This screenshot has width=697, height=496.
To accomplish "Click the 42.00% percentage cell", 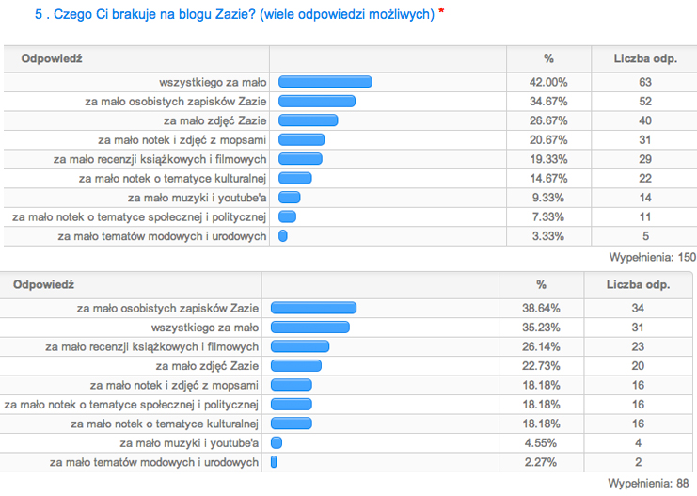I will tap(548, 82).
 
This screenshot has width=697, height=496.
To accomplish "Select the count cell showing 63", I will tap(645, 82).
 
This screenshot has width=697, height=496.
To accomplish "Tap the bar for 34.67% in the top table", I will tap(317, 102).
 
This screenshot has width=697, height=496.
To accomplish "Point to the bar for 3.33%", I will tap(282, 236).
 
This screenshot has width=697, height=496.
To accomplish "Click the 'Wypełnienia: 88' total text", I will tap(654, 482).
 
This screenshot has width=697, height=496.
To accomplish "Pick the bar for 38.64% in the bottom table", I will tap(313, 308).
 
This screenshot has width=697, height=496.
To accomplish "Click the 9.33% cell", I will tap(548, 198).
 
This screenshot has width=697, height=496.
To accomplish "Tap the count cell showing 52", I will tap(645, 102).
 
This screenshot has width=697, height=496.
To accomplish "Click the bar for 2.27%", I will tap(274, 462).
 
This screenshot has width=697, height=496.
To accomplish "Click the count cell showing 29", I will tap(645, 159).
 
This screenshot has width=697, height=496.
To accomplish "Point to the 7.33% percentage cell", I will tap(548, 216).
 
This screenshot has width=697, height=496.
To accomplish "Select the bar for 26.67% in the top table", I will tap(309, 120).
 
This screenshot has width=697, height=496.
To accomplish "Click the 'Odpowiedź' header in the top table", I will tap(52, 58).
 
